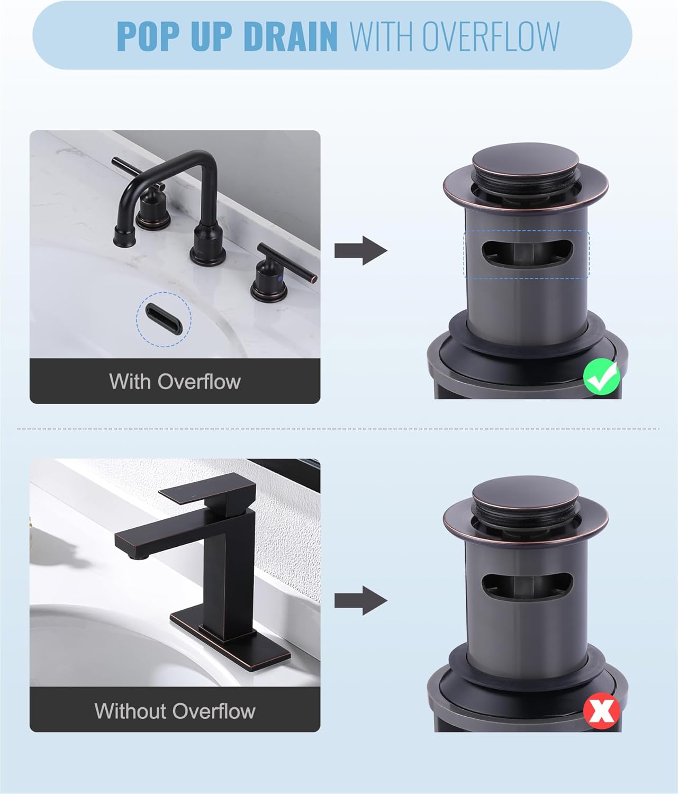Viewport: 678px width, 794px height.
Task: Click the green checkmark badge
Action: (602, 376)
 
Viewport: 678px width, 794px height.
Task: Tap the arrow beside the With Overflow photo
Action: (361, 250)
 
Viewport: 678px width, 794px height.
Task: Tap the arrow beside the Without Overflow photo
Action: (361, 600)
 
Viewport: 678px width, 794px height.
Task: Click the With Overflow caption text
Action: (175, 381)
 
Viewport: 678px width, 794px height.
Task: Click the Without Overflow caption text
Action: (175, 710)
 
